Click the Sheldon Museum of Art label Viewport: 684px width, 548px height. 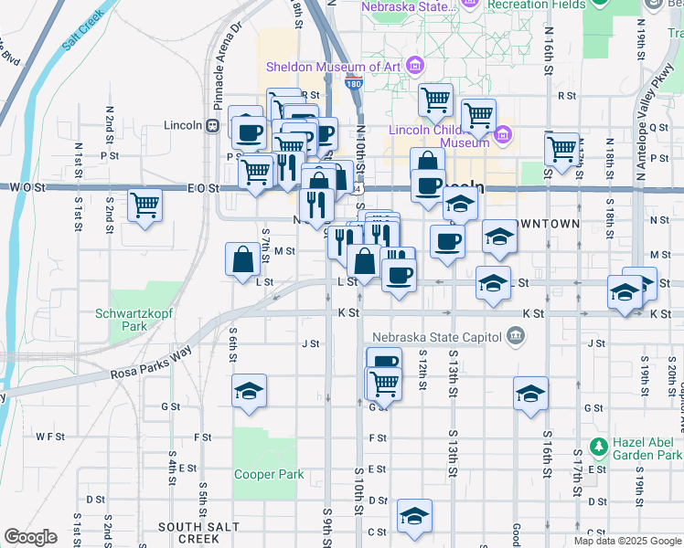coord(334,67)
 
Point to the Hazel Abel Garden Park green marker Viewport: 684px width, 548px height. coord(599,448)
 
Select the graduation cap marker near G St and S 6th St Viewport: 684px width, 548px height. coord(249,391)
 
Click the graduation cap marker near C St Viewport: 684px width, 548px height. coord(415,516)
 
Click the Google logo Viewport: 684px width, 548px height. coord(30,537)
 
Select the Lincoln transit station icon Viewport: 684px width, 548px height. coord(211,125)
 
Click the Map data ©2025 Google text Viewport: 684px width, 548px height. coord(627,540)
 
